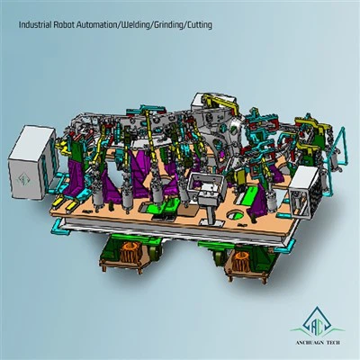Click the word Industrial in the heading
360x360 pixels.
point(35,25)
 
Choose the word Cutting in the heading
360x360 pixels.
point(199,25)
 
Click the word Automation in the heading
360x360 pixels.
point(96,25)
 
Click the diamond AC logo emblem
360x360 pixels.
point(317,322)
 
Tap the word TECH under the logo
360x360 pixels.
point(332,343)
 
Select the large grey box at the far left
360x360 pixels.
point(32,163)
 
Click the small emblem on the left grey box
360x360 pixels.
point(22,179)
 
